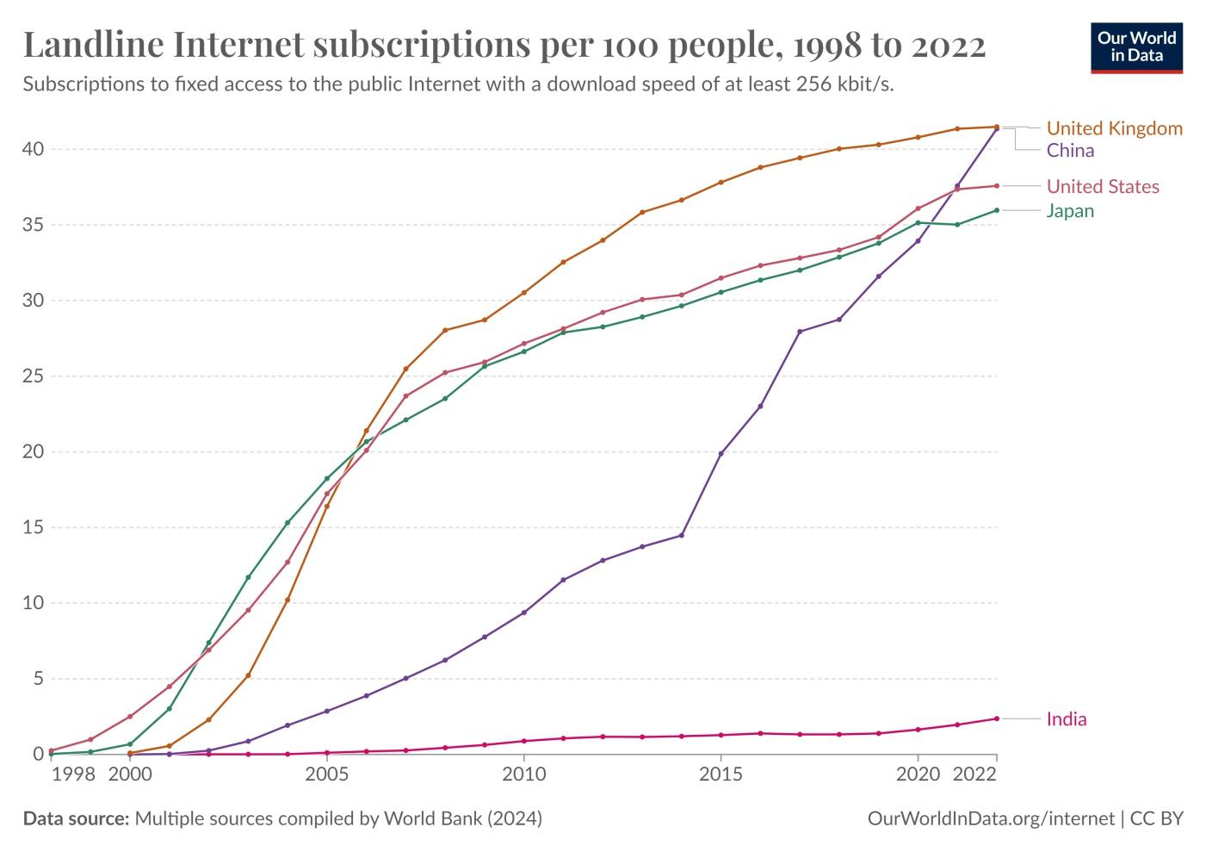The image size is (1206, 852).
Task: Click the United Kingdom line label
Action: [1114, 128]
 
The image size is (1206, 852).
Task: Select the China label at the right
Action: [1070, 151]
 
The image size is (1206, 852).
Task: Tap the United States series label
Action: [1102, 187]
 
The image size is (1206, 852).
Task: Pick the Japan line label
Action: [1070, 211]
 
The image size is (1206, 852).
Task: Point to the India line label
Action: [1066, 719]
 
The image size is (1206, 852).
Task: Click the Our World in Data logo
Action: [1136, 47]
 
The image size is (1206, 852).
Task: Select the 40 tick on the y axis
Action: [33, 149]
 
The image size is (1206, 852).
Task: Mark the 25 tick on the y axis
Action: [33, 376]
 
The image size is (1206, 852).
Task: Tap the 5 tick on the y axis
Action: [37, 679]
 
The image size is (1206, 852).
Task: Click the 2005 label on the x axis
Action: [326, 774]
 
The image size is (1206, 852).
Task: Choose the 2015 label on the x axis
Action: [721, 774]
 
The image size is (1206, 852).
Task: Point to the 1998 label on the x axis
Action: [73, 774]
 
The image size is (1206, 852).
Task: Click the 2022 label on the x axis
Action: [975, 774]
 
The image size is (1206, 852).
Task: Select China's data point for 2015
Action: [721, 453]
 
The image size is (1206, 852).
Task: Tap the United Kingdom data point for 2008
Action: [445, 330]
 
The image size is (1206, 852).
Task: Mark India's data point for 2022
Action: [997, 718]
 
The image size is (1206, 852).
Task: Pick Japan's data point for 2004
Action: [288, 523]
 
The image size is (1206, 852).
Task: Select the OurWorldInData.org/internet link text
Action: [990, 818]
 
